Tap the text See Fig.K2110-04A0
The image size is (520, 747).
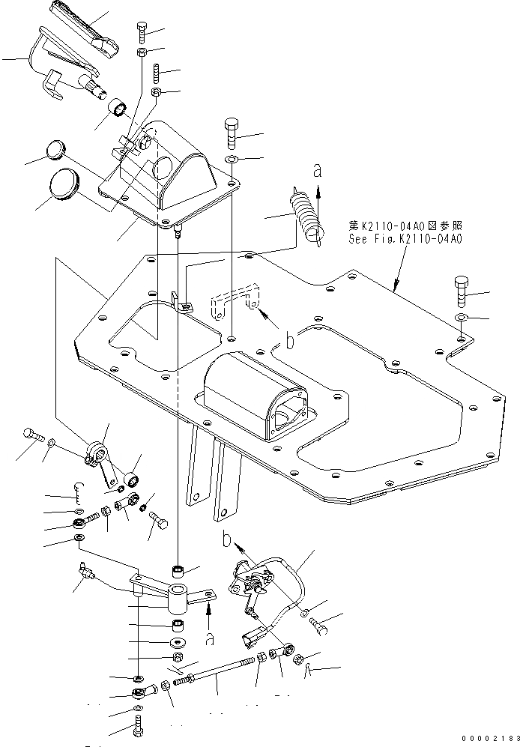pyautogui.click(x=405, y=240)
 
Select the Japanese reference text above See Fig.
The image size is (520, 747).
pyautogui.click(x=405, y=224)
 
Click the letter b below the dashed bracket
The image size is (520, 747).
pyautogui.click(x=287, y=342)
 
